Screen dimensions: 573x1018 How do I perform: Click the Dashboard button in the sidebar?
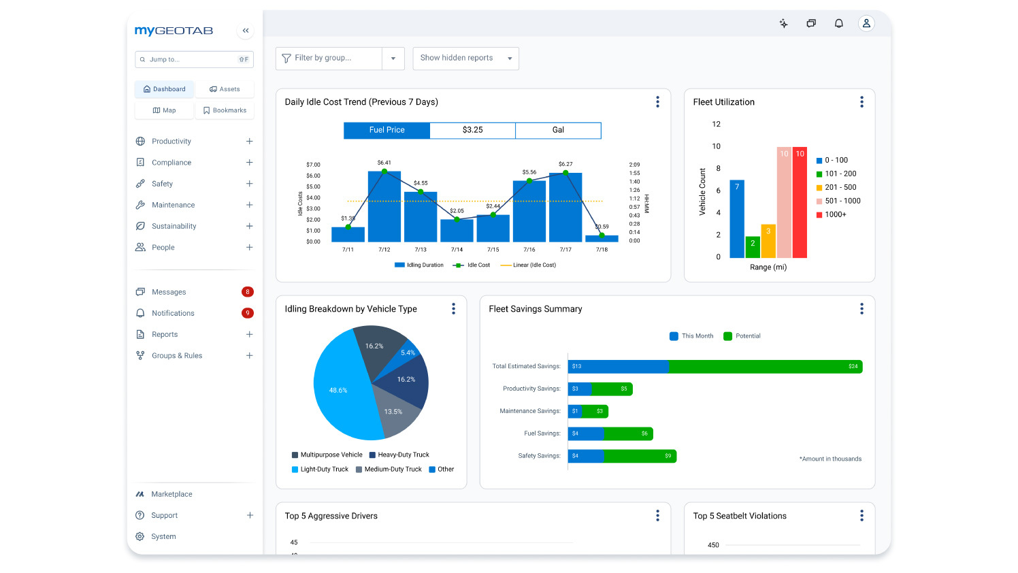coord(164,89)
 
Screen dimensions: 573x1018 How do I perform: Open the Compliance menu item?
coord(171,163)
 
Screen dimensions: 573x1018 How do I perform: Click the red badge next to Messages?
coord(248,292)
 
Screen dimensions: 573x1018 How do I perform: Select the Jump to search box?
coord(194,60)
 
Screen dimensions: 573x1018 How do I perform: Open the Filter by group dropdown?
coord(393,59)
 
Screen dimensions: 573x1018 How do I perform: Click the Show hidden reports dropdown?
coord(465,59)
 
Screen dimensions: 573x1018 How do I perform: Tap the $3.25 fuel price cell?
coord(472,130)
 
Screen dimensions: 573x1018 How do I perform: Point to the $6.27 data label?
coord(565,164)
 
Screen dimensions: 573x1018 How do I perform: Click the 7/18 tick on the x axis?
coord(602,250)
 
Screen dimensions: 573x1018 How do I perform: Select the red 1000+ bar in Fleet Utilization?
coord(800,204)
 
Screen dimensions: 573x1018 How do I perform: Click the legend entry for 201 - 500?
coord(840,187)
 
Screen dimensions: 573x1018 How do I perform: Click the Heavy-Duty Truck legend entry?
coord(403,455)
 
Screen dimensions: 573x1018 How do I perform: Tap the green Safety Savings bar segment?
coord(640,456)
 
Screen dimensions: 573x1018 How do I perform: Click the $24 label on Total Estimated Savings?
coord(853,367)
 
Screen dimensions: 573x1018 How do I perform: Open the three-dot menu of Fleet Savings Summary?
coord(861,309)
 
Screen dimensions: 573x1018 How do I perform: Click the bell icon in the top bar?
coord(839,24)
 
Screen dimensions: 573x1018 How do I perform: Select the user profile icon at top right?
coord(866,24)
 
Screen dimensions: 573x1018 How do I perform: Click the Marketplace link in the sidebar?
coord(171,494)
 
